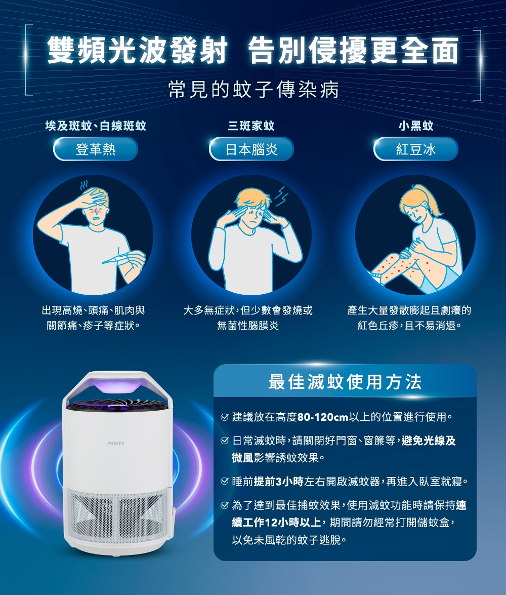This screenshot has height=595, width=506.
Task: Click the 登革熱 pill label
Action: [96, 149]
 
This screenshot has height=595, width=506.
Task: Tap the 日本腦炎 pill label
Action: [251, 149]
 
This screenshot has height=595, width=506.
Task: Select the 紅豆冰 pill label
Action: [416, 149]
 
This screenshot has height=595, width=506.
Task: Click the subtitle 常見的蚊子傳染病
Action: [253, 90]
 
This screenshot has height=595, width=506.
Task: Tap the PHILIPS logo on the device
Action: [116, 443]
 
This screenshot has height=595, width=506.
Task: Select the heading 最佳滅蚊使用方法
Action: [345, 382]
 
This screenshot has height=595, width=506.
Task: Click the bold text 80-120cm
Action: [323, 418]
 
